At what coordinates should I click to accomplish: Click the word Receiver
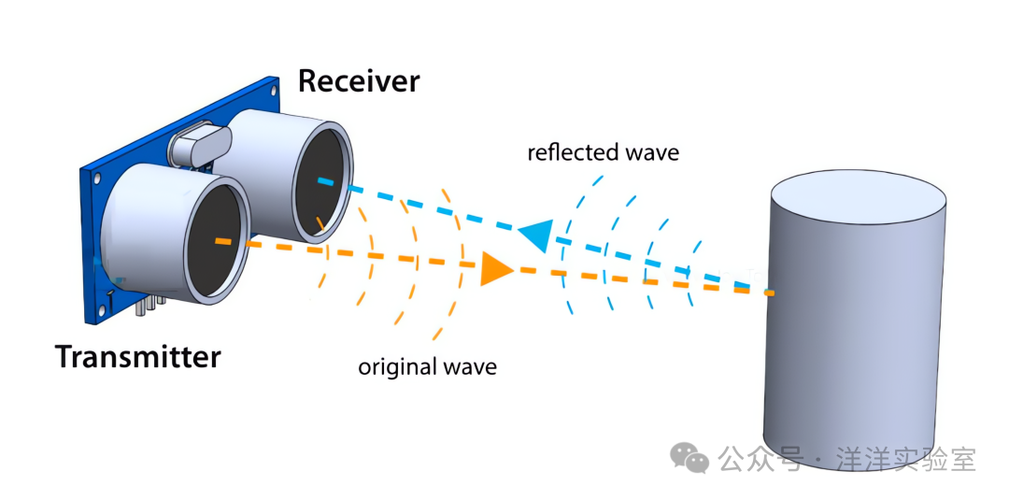359,81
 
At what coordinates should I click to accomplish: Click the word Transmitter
137,356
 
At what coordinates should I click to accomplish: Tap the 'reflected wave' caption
603,153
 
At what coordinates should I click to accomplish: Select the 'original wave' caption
427,367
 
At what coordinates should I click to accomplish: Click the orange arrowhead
495,268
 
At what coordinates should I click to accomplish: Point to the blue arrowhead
537,235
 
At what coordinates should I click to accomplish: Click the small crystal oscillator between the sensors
199,145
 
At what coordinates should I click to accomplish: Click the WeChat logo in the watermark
689,458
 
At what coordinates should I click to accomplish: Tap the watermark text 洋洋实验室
906,459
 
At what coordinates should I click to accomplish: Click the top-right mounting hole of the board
275,83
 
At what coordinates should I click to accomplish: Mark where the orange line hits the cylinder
770,293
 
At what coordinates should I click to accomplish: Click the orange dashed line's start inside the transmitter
219,241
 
